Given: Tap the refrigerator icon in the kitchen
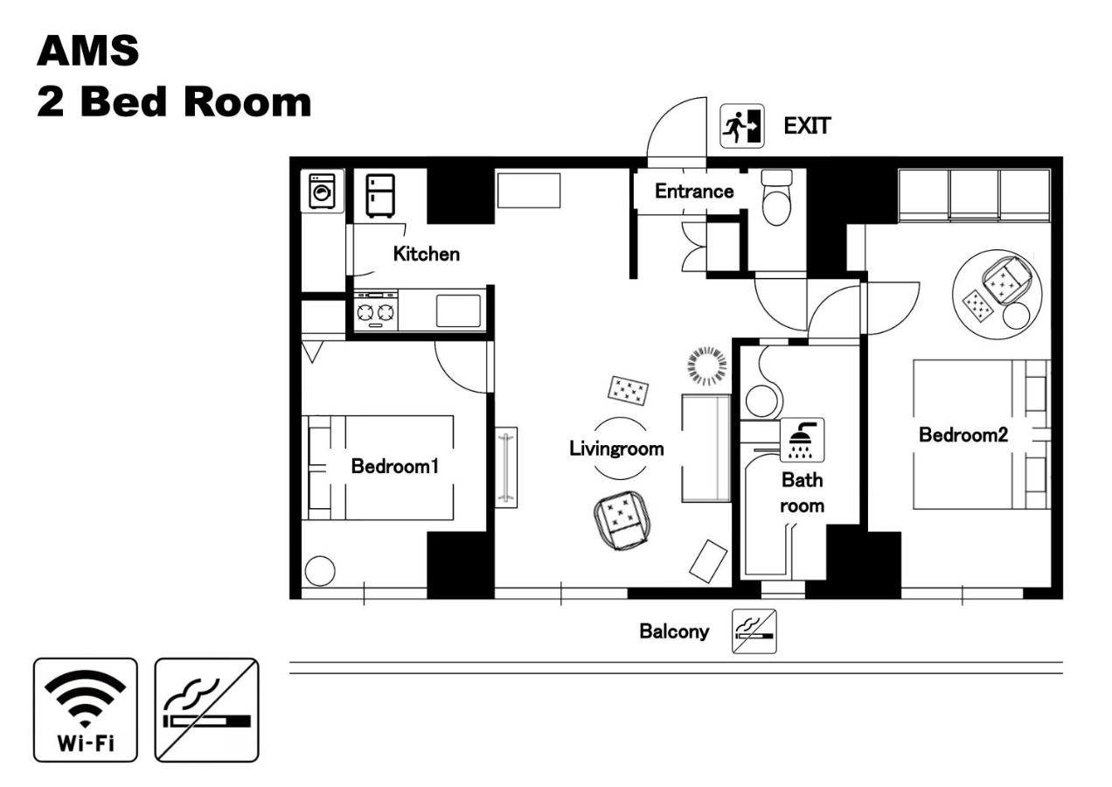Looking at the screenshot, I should click(380, 195).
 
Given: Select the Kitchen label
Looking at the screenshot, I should click(426, 254).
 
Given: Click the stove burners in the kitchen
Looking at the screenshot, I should click(376, 311).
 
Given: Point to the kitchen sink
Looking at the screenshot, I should click(458, 310).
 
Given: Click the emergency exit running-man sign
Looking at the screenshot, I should click(741, 126).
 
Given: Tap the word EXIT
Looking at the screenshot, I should click(806, 126).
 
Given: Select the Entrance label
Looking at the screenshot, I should click(694, 192).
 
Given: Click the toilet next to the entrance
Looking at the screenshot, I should click(775, 196).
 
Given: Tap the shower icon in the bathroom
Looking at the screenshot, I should click(802, 440).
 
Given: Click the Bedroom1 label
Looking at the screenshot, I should click(394, 466).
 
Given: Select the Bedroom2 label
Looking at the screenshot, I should click(963, 435).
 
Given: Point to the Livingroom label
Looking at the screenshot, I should click(616, 449).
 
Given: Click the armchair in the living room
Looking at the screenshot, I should click(621, 519).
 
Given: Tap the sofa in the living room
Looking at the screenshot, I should click(705, 448).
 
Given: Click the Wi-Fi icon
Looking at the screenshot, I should click(86, 709).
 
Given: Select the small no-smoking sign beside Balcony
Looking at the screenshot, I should click(754, 631).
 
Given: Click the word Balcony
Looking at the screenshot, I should click(674, 631).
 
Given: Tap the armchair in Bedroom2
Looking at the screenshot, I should click(1007, 280).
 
